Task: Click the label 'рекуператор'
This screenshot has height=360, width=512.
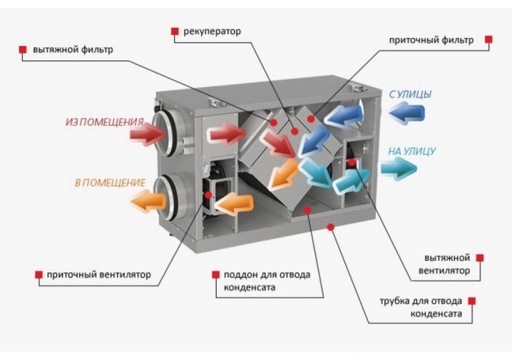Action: (212, 31)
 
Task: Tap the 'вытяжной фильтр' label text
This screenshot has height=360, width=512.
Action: (73, 50)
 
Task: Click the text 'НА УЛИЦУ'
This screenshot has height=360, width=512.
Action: (411, 151)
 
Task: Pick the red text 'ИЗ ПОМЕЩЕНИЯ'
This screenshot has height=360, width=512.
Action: (104, 122)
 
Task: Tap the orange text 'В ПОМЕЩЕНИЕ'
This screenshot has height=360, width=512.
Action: (110, 182)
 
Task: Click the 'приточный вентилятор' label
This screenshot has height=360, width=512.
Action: (99, 274)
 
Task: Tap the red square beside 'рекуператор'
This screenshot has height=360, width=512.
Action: (174, 31)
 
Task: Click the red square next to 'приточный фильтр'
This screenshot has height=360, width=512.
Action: (488, 40)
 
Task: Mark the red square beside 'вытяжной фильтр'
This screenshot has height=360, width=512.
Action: (23, 50)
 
